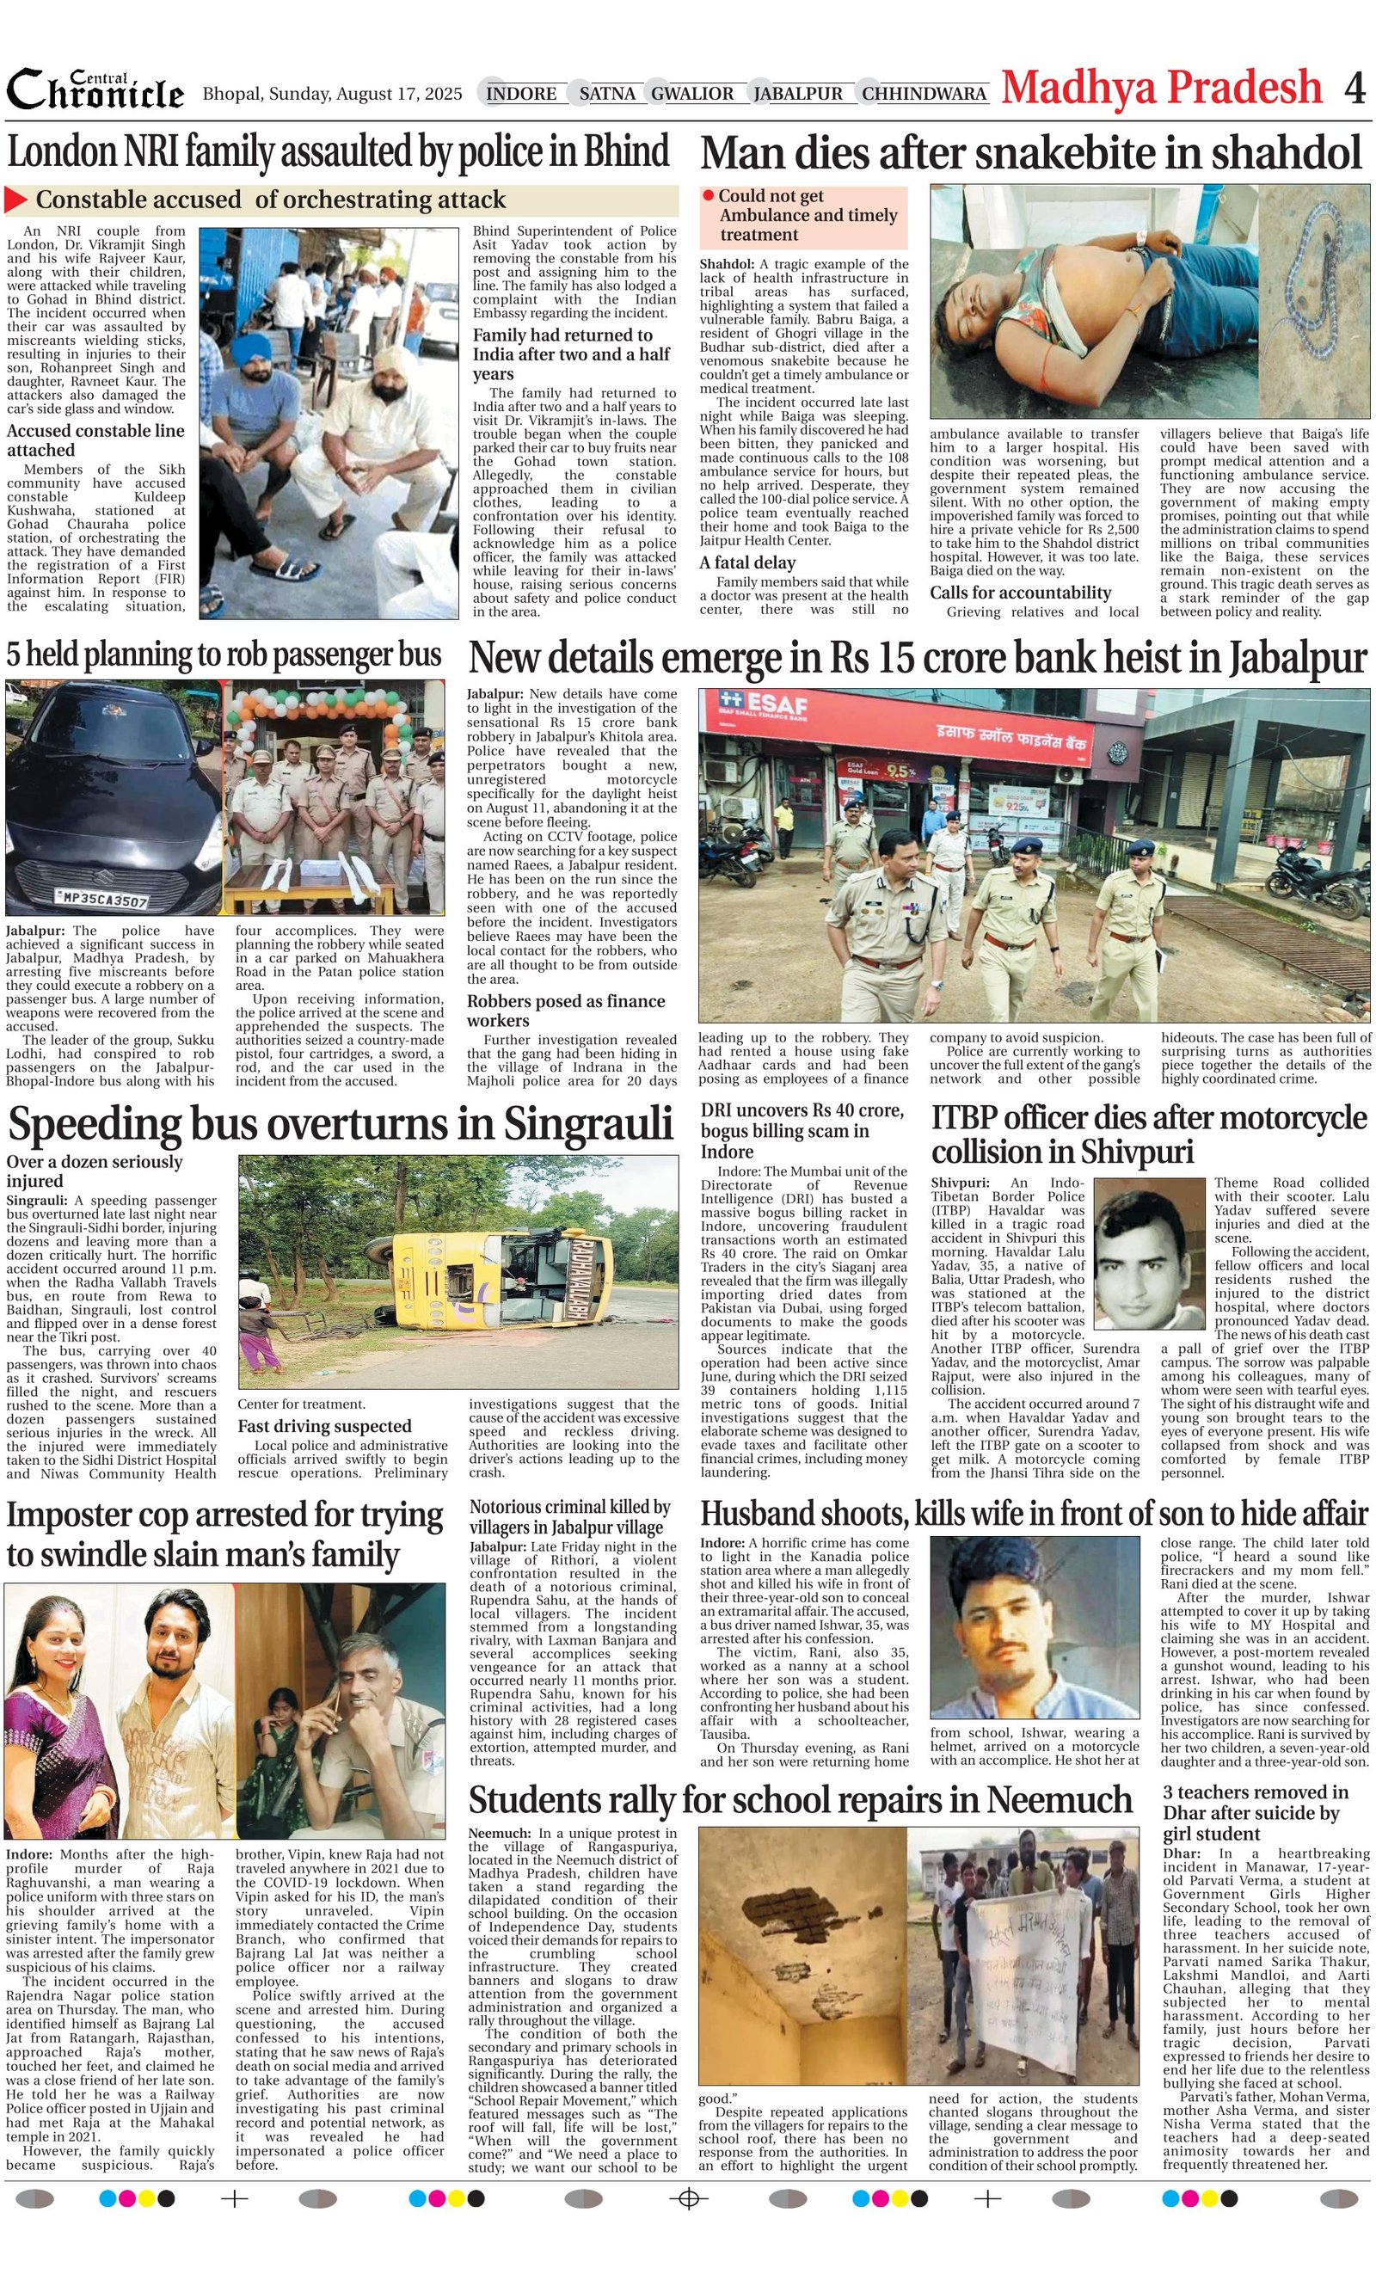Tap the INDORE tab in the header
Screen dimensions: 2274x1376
click(520, 93)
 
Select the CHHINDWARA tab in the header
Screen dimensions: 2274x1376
click(924, 93)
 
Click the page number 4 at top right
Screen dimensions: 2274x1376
click(1354, 89)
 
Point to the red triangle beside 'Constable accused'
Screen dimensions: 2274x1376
click(15, 200)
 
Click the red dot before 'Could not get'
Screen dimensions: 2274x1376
click(708, 195)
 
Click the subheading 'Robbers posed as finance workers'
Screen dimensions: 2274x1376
click(565, 1011)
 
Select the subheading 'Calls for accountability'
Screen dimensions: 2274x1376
click(1020, 593)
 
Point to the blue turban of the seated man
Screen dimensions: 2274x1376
click(251, 350)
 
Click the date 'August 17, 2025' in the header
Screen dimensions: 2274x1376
click(399, 93)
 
